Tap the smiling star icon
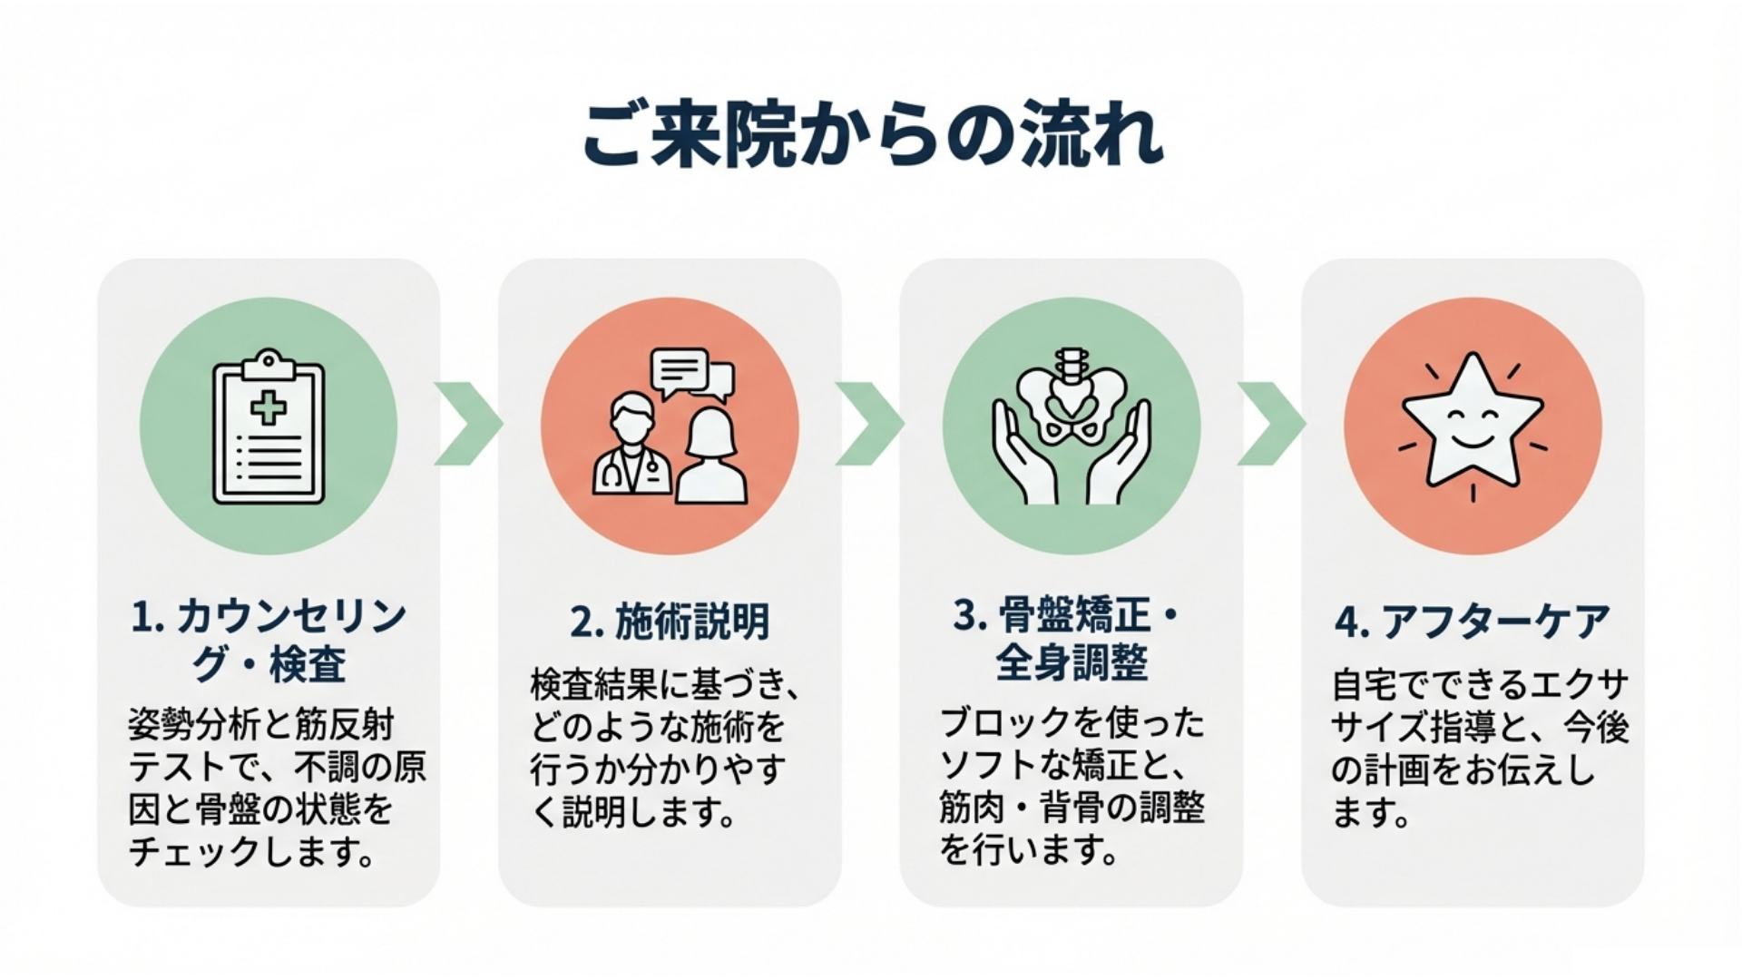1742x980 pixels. click(x=1472, y=422)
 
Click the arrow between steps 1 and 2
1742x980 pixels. click(x=468, y=424)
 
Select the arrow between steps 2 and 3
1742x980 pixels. click(x=869, y=424)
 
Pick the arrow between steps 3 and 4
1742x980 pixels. click(x=1271, y=424)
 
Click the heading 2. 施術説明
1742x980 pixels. click(x=670, y=622)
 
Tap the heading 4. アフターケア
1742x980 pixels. click(x=1472, y=622)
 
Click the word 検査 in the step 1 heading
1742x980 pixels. click(x=308, y=663)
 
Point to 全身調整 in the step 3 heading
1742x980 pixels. click(x=1072, y=661)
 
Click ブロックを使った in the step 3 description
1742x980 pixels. click(x=1072, y=723)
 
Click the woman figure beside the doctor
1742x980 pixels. click(x=711, y=458)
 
